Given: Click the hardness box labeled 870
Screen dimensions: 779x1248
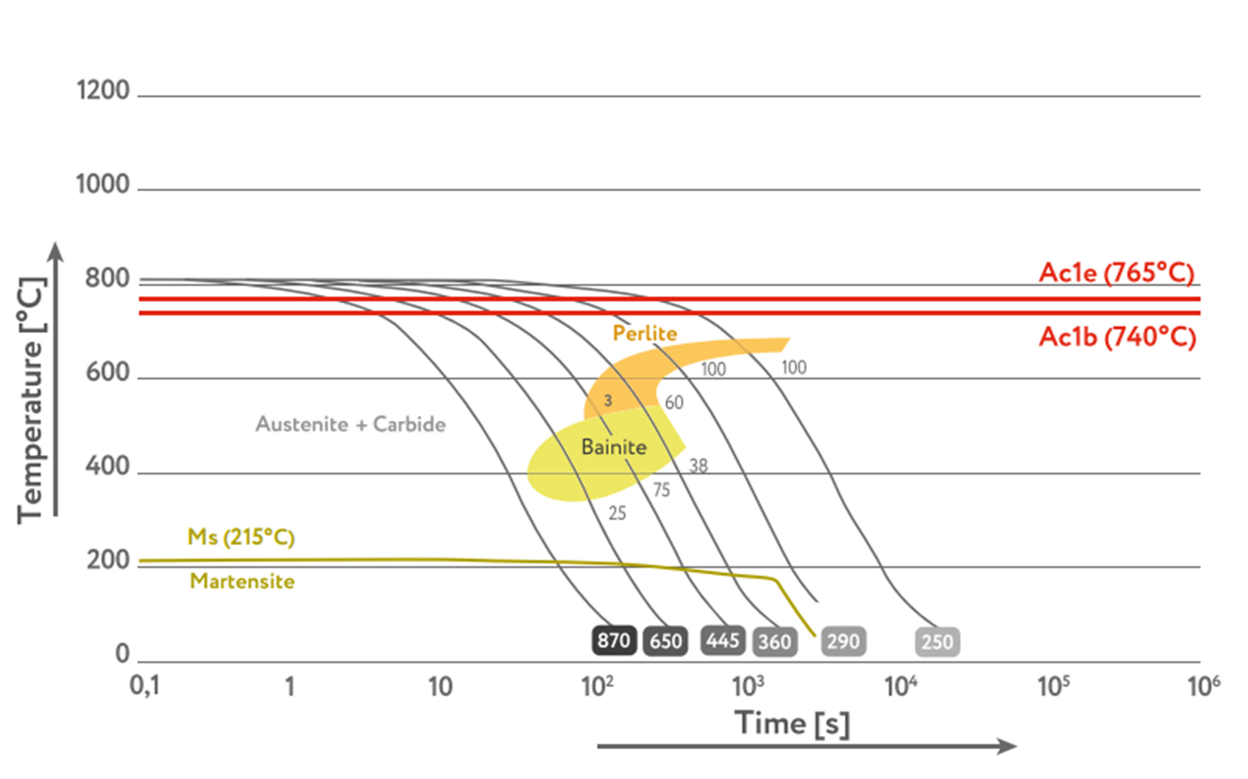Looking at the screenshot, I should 614,640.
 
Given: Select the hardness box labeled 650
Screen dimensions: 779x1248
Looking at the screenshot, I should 665,641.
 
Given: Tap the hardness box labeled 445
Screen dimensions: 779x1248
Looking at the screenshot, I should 722,640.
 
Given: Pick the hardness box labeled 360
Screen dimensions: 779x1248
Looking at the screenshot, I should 774,642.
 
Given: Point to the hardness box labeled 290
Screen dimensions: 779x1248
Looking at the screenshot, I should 843,642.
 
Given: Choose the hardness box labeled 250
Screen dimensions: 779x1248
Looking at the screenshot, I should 937,642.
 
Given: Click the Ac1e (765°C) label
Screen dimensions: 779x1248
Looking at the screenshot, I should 1116,273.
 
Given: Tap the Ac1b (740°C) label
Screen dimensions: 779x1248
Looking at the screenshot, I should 1117,337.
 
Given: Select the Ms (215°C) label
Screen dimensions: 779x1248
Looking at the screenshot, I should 241,537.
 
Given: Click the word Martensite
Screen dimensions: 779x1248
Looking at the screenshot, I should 242,581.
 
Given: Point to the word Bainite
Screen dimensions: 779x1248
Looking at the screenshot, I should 614,447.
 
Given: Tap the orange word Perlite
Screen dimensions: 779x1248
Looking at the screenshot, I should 645,333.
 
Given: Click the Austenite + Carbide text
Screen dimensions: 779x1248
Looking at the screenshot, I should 350,424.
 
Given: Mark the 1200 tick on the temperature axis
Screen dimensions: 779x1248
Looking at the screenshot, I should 103,90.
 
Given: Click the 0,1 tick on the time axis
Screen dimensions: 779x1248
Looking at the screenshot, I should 144,685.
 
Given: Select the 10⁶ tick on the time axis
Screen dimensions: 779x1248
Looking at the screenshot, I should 1203,685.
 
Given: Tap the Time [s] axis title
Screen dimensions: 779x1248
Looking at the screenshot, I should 791,723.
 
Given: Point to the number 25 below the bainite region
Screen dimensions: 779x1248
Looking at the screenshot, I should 617,513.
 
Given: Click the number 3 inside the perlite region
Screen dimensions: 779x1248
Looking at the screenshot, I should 608,401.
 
